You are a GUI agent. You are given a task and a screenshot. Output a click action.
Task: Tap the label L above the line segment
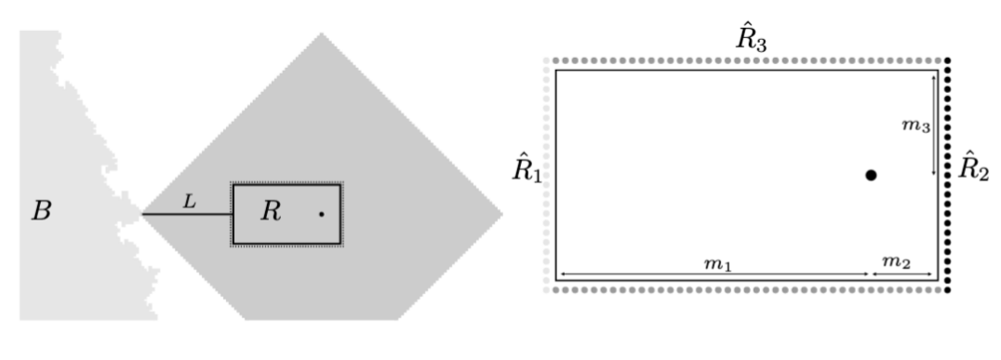click(188, 200)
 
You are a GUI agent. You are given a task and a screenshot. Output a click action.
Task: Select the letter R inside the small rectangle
click(270, 211)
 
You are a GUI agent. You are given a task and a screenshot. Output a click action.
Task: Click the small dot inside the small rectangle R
click(321, 214)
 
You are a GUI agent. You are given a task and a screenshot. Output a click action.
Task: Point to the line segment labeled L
click(186, 215)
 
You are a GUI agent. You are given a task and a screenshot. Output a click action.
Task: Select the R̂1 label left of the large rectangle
click(526, 170)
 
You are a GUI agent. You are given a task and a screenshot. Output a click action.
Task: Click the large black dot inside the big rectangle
click(871, 174)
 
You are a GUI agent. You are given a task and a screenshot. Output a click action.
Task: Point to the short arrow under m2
click(902, 275)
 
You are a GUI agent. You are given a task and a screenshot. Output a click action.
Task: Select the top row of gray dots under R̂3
click(744, 61)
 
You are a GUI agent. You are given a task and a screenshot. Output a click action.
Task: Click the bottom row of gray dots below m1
click(744, 289)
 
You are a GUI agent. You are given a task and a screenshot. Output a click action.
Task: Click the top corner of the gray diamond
click(322, 34)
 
